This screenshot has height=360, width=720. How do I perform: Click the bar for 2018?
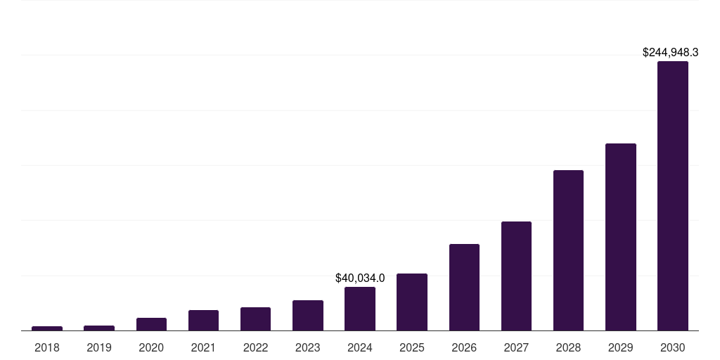click(x=47, y=328)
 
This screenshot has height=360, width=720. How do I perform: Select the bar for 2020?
click(x=151, y=324)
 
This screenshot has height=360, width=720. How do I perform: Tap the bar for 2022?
click(x=255, y=319)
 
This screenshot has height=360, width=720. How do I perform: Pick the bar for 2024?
click(x=360, y=309)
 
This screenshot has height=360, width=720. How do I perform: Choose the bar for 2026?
click(x=464, y=288)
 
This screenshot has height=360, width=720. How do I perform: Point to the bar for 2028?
click(x=568, y=250)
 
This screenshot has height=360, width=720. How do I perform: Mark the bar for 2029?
click(x=621, y=237)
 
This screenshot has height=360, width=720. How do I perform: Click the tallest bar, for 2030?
click(x=673, y=196)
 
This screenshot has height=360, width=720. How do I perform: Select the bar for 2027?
click(x=516, y=276)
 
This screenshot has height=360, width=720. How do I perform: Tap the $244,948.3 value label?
click(x=670, y=53)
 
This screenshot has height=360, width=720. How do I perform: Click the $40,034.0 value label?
click(x=360, y=278)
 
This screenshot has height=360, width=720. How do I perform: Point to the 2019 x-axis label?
click(x=99, y=347)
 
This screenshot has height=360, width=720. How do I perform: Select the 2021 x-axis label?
click(x=203, y=347)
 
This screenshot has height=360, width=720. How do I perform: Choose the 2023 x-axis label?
click(x=307, y=347)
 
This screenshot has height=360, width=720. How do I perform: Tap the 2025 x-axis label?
click(x=412, y=347)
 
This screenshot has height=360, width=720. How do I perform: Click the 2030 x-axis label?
click(x=673, y=347)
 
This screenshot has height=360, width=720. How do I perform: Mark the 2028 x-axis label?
click(x=568, y=347)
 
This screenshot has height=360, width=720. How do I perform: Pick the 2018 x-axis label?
click(x=47, y=347)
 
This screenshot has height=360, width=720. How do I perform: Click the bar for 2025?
click(x=412, y=302)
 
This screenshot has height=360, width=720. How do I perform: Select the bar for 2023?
click(x=307, y=316)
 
